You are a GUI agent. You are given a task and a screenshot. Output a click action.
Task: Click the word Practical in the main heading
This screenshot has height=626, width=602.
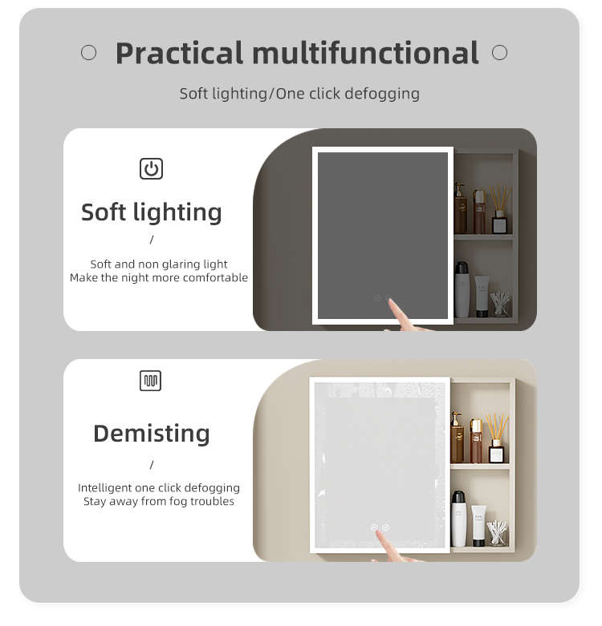[x=179, y=53]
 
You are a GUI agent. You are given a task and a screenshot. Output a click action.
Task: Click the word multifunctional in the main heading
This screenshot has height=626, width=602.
[x=365, y=52]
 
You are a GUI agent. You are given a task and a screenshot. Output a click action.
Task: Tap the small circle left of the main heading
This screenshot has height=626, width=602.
[x=89, y=52]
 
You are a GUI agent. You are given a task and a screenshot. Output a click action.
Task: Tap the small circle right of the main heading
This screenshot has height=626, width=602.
[x=500, y=52]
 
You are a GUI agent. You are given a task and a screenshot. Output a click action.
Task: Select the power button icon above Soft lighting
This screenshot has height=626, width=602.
[x=151, y=169]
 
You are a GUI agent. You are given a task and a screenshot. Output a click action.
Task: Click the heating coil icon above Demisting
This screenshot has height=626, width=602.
[x=151, y=381]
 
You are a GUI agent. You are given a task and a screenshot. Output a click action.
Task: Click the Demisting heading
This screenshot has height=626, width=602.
[x=152, y=434]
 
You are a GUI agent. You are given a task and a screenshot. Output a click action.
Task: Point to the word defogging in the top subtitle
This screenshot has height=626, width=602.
[x=382, y=95]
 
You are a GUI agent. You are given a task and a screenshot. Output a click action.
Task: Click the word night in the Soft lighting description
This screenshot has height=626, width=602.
[x=134, y=278]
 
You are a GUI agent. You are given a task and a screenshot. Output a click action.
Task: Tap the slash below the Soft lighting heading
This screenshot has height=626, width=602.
[x=152, y=240]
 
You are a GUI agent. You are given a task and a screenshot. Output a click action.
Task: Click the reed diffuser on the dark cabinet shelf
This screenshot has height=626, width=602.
[x=500, y=210]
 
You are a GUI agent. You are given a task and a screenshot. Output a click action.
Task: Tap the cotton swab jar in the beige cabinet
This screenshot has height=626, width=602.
[x=497, y=533]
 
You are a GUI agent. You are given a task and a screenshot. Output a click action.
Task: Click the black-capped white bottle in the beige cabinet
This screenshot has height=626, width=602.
[x=458, y=519]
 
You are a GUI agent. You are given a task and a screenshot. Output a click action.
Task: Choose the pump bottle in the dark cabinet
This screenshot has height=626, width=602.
[x=460, y=208]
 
